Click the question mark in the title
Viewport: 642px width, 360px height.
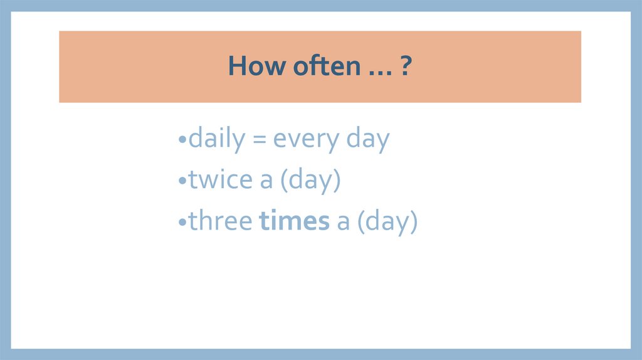coord(406,66)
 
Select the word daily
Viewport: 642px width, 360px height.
coord(216,139)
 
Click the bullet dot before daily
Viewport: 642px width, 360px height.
coord(182,141)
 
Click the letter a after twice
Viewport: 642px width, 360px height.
coord(266,182)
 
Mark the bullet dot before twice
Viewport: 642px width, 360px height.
coord(182,182)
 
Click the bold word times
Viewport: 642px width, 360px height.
coord(294,221)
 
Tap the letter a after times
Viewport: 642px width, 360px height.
coord(343,223)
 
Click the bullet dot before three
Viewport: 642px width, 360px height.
coord(182,223)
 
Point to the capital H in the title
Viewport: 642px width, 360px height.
coord(236,66)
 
